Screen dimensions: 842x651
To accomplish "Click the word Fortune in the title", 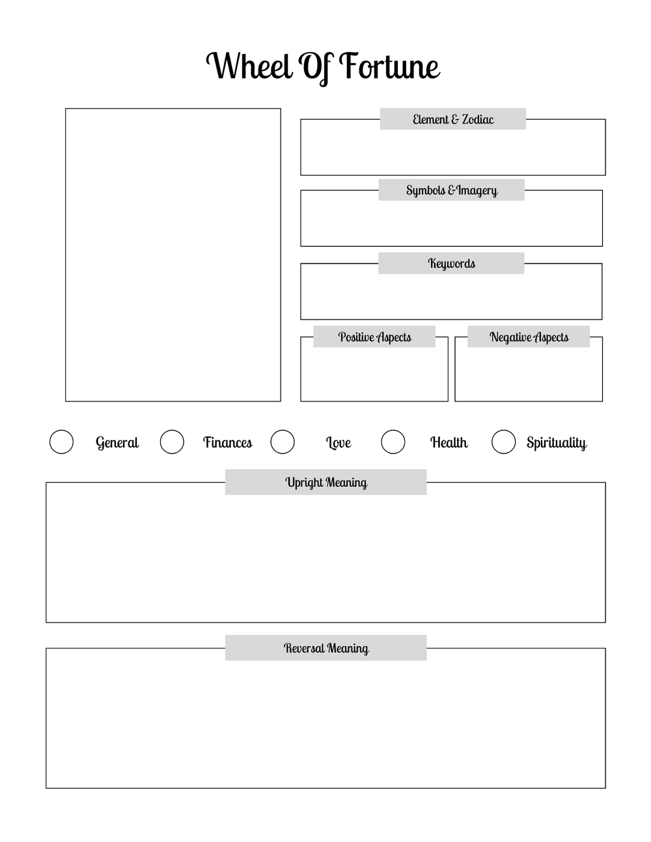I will [390, 66].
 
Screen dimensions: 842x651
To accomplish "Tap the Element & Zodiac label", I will [453, 119].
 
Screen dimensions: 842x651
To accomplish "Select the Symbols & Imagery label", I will [452, 190].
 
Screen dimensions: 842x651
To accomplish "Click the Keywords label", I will [451, 264].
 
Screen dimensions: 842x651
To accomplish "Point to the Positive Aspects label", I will [374, 337].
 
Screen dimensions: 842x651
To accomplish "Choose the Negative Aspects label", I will [529, 337].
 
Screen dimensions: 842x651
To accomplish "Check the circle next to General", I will [61, 442].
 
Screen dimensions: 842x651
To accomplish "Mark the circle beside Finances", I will [172, 442].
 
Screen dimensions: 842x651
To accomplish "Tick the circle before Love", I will [283, 442].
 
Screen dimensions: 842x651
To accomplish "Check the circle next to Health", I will [393, 442].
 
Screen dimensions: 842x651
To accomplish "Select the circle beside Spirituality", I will [503, 442].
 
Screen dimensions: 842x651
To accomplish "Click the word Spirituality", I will [557, 443].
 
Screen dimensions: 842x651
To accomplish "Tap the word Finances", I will [227, 442].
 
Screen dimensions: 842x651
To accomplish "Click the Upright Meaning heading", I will [326, 482].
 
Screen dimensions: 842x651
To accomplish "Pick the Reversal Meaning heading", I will [326, 648].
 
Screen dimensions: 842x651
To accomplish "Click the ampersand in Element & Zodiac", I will [454, 119].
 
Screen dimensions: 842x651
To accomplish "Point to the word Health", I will [449, 442].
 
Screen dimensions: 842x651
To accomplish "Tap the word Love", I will [339, 442].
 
